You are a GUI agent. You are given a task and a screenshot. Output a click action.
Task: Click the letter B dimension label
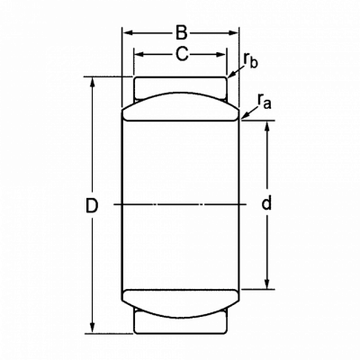(181, 32)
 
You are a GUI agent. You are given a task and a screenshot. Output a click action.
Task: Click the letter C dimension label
(182, 54)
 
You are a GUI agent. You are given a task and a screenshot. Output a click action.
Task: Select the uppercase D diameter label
(92, 205)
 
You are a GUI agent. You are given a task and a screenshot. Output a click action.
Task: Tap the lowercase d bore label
(266, 202)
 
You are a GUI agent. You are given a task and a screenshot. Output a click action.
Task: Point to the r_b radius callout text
(250, 60)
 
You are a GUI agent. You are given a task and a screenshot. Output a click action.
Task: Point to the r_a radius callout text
(265, 101)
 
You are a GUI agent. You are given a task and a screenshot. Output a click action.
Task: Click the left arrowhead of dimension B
(128, 32)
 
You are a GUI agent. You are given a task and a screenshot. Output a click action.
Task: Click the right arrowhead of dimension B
(233, 32)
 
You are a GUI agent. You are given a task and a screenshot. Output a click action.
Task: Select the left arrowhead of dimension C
(139, 54)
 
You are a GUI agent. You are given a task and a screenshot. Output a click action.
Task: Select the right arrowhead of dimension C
(220, 54)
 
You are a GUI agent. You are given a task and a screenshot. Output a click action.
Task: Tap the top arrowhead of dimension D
(93, 83)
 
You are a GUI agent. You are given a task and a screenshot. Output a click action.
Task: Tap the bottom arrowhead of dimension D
(93, 328)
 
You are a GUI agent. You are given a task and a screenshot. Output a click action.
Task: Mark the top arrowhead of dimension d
(266, 127)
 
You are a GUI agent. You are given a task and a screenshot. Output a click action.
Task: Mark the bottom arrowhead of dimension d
(266, 283)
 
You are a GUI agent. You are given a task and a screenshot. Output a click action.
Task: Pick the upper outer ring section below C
(180, 85)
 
